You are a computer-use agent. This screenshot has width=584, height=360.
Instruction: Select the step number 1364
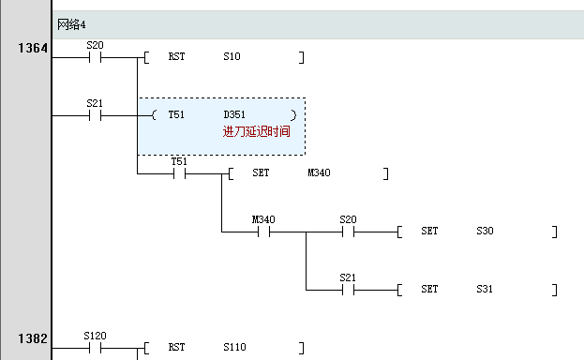click(32, 48)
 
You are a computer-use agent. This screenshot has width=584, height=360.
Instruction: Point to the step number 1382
click(32, 338)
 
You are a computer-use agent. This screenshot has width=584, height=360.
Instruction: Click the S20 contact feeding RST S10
click(95, 57)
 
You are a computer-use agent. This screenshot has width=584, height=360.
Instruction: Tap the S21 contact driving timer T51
click(95, 115)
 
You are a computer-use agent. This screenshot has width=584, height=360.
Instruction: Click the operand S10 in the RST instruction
click(232, 57)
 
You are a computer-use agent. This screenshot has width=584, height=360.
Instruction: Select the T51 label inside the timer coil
click(176, 115)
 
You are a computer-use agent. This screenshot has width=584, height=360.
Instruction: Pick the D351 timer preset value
click(235, 115)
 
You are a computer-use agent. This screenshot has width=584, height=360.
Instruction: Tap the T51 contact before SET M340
click(179, 173)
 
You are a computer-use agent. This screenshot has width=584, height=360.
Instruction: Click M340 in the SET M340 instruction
click(320, 173)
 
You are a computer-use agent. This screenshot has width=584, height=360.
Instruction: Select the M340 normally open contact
click(263, 232)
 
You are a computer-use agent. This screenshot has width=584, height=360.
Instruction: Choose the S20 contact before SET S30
click(348, 232)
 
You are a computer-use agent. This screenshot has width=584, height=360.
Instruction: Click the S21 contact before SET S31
click(348, 290)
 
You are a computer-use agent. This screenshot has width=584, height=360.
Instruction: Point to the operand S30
click(486, 232)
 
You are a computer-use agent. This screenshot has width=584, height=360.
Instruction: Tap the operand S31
click(486, 290)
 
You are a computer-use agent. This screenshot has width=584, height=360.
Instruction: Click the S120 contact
click(95, 348)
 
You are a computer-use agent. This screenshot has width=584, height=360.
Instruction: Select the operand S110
click(234, 348)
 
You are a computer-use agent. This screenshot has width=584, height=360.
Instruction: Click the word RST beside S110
click(176, 348)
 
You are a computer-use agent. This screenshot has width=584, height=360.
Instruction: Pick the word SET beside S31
click(429, 290)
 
